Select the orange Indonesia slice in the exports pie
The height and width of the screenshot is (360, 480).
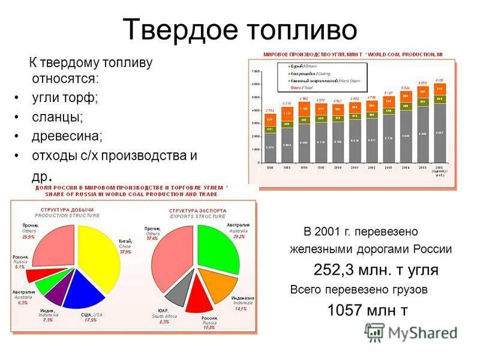tap(215, 282)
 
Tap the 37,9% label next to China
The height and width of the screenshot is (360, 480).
tap(125, 253)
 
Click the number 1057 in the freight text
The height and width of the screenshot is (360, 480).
tap(348, 310)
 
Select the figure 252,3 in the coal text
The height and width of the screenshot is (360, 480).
tap(335, 269)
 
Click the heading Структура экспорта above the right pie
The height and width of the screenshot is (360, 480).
tap(197, 211)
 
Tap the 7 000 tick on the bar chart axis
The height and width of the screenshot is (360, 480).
tap(255, 71)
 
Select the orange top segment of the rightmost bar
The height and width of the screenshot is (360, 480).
tap(440, 88)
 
